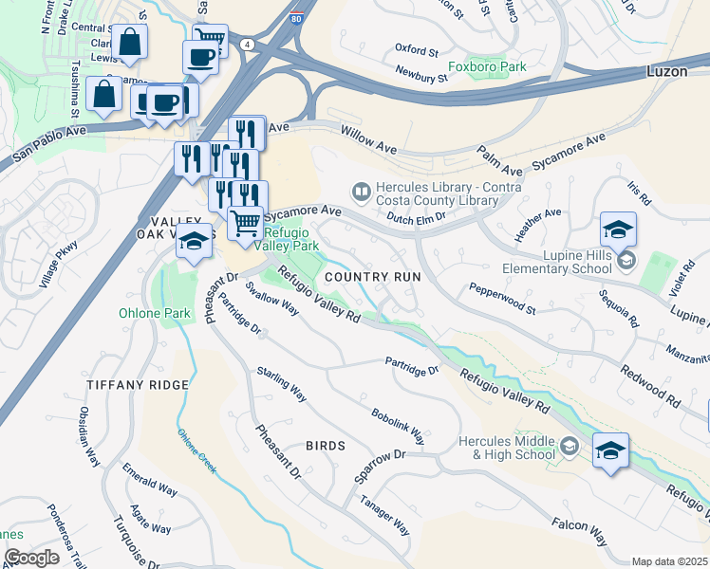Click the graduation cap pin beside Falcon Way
click(x=610, y=450)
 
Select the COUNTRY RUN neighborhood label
click(x=372, y=277)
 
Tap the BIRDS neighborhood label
click(x=325, y=445)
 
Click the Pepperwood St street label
click(x=502, y=299)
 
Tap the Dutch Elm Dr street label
click(x=419, y=217)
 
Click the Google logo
click(x=31, y=558)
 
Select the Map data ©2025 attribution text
click(x=668, y=561)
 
